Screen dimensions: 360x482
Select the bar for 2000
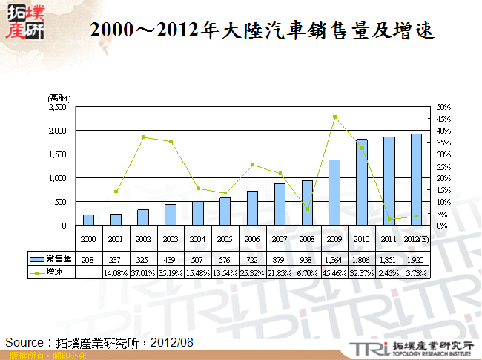[88, 220]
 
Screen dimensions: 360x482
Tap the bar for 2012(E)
[417, 180]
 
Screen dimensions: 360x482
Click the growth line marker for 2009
[334, 117]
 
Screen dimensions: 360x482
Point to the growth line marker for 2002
[143, 137]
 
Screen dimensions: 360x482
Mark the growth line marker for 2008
[307, 209]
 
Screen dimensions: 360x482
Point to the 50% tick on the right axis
[444, 107]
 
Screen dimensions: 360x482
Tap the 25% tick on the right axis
[444, 166]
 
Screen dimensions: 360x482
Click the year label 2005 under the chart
[225, 240]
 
